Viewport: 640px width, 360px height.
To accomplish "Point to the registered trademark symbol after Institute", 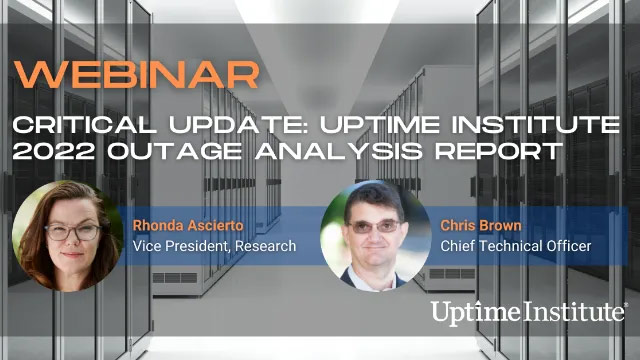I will (626, 304).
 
